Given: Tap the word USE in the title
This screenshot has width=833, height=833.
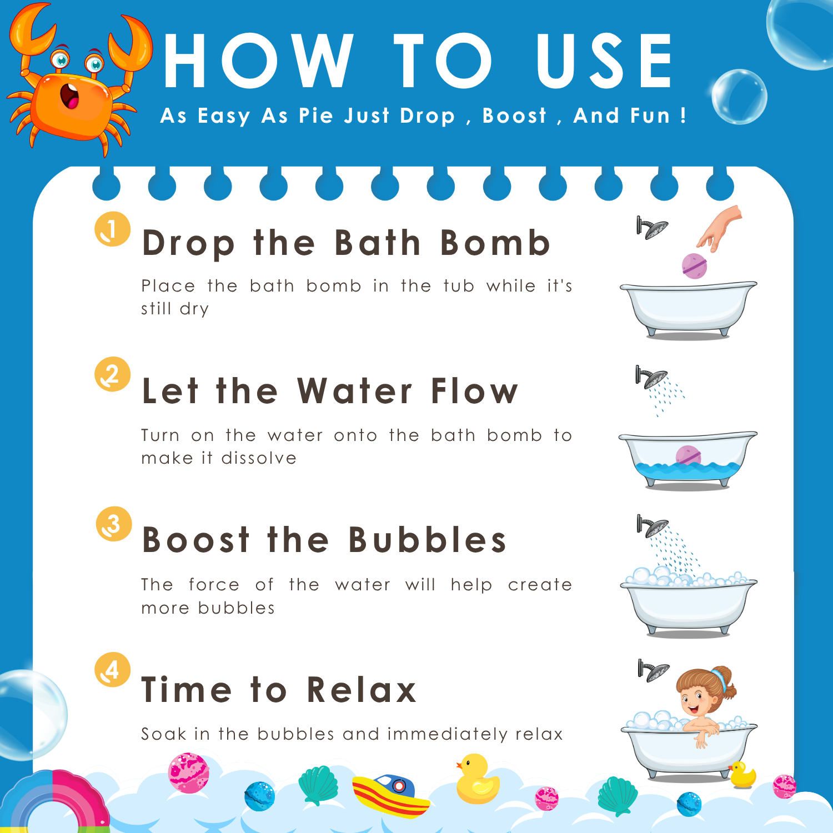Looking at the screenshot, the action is coord(605,61).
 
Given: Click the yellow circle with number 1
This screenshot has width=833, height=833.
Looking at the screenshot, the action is coord(113,229).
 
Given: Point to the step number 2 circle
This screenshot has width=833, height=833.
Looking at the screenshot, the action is coord(113,374).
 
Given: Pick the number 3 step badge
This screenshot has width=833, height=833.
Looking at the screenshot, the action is coord(114,524).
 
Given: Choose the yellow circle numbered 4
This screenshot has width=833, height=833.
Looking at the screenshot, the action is coord(113,669).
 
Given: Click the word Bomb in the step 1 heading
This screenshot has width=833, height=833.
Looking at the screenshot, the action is coord(495,243).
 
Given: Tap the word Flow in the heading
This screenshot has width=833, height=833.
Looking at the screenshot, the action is coord(474,390).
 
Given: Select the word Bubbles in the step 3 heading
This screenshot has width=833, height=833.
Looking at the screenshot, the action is coord(428,539).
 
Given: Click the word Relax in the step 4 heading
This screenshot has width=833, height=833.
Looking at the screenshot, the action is coord(362,690).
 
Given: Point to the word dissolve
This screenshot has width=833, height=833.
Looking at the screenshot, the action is coord(259,458).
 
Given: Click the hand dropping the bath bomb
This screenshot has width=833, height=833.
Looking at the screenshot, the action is coord(720,228).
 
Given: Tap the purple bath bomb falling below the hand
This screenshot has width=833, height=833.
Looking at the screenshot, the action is coord(694,265).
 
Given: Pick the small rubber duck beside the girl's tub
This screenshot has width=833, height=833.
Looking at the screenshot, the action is coord(742,775).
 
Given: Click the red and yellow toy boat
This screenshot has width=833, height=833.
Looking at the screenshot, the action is coord(391,795).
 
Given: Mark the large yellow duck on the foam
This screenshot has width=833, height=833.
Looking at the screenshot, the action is coord(477,779).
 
